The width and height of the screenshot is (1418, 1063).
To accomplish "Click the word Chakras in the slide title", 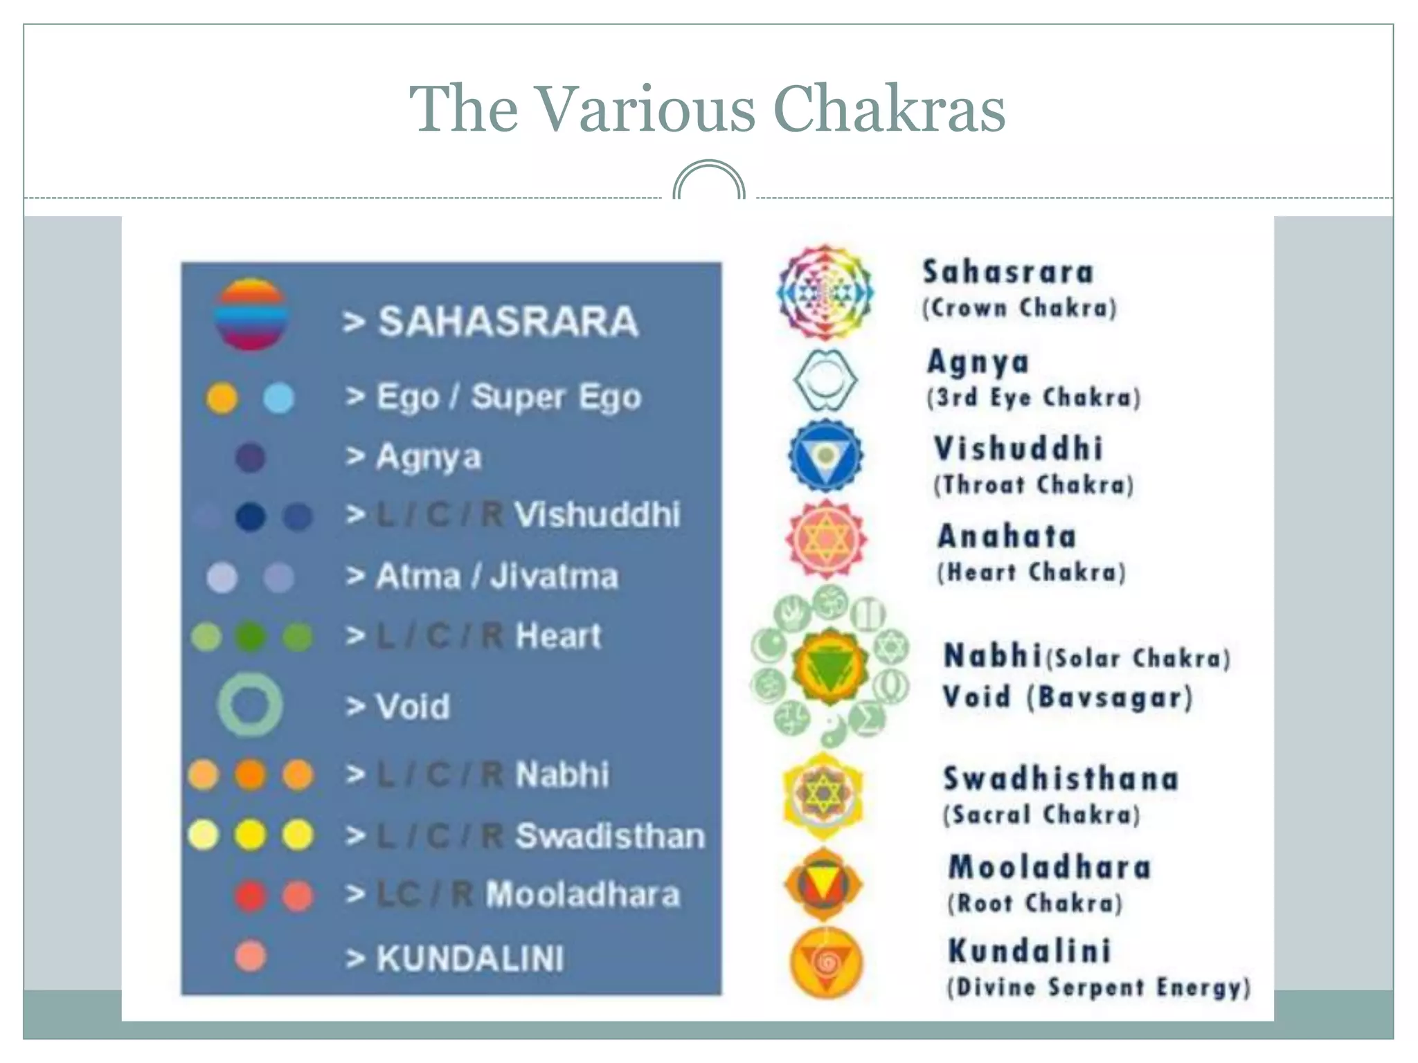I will [889, 109].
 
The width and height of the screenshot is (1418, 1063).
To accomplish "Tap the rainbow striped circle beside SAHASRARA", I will [251, 314].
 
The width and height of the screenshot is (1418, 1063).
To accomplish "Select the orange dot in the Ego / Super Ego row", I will [222, 398].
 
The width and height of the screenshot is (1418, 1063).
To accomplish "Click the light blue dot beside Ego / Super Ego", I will [279, 398].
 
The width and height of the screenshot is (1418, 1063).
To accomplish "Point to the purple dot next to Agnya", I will [250, 457].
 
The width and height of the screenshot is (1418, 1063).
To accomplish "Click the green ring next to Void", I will [250, 705].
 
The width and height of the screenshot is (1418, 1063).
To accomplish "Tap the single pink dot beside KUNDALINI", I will [250, 956].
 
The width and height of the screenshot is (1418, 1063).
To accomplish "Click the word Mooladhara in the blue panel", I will [582, 894].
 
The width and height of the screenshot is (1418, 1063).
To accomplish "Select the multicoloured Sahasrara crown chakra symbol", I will [825, 292].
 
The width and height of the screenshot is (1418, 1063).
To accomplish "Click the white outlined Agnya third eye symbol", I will [825, 379].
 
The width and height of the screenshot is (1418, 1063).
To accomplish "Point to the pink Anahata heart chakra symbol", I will [825, 539].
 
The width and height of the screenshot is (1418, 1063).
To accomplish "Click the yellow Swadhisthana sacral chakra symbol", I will [823, 795].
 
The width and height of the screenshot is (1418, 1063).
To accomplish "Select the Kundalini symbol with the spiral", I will [825, 963].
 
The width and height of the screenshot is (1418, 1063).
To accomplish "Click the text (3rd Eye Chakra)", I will [1033, 398].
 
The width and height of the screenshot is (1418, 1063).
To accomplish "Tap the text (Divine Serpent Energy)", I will [1099, 988].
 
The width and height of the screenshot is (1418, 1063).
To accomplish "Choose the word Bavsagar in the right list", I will [1110, 698].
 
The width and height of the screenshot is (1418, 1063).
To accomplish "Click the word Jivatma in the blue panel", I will [554, 576].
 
